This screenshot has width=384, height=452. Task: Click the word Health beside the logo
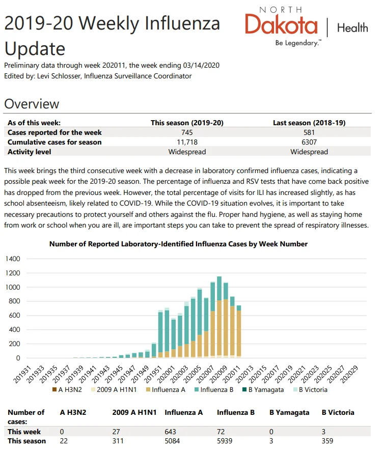pyautogui.click(x=352, y=28)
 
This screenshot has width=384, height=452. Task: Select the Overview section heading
pyautogui.click(x=32, y=104)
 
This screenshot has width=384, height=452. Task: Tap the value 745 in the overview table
pyautogui.click(x=187, y=132)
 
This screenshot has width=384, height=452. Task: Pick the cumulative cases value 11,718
pyautogui.click(x=187, y=142)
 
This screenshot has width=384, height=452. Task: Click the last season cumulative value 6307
pyautogui.click(x=309, y=142)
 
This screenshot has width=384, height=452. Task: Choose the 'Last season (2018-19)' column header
pyautogui.click(x=309, y=123)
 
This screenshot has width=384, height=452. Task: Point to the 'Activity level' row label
pyautogui.click(x=29, y=152)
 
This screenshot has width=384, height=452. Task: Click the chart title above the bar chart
pyautogui.click(x=178, y=244)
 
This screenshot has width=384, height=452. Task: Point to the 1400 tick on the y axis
pyautogui.click(x=13, y=259)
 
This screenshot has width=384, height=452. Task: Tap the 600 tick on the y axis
pyautogui.click(x=14, y=316)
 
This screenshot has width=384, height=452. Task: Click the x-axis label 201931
pyautogui.click(x=22, y=374)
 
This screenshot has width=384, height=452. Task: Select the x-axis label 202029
pyautogui.click(x=349, y=374)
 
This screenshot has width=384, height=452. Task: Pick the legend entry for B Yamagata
pyautogui.click(x=263, y=390)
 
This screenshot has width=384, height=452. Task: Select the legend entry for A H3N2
pyautogui.click(x=67, y=390)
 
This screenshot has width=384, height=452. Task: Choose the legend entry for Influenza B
pyautogui.click(x=214, y=390)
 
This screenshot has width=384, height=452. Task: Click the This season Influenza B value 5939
pyautogui.click(x=225, y=441)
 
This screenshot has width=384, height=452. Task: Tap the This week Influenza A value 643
pyautogui.click(x=170, y=432)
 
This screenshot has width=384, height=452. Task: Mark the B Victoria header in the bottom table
pyautogui.click(x=338, y=412)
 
